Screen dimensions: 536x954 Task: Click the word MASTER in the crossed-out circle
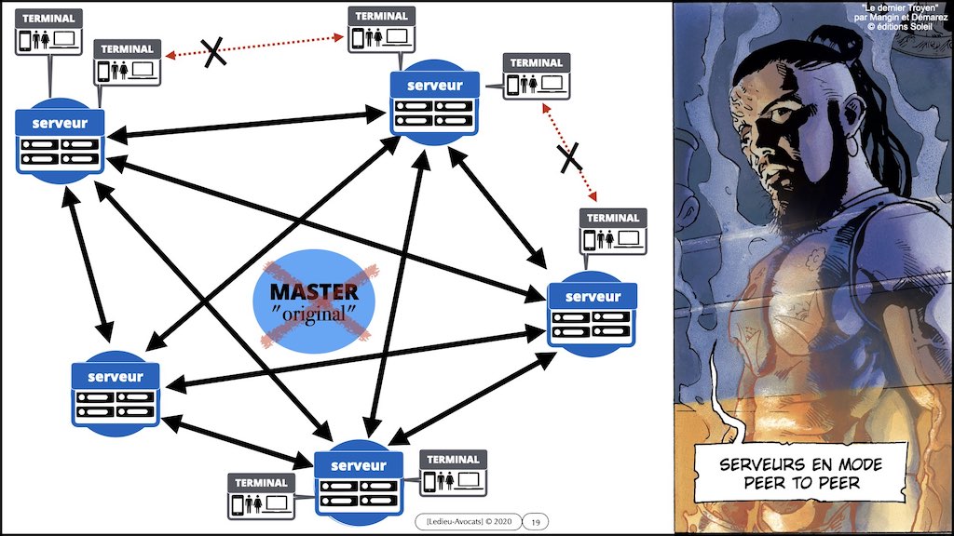[x=313, y=292]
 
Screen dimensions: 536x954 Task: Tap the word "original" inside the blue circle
[x=312, y=315]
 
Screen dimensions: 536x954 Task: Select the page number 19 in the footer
[x=535, y=522]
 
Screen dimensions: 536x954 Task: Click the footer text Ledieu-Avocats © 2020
[x=466, y=522]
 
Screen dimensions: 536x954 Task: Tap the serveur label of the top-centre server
[x=435, y=86]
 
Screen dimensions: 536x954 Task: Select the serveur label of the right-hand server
[x=592, y=297]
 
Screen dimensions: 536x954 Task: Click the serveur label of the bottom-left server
[x=116, y=376]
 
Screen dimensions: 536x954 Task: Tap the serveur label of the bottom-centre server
[x=358, y=464]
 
